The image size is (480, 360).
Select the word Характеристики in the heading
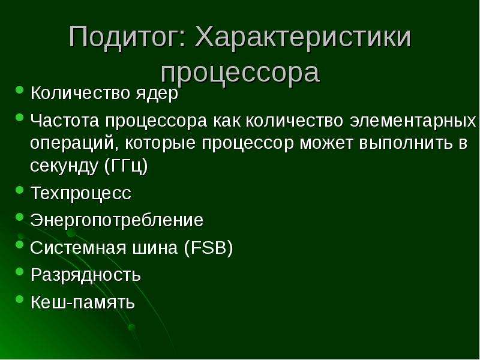[x=303, y=38]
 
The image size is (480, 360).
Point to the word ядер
[x=157, y=94]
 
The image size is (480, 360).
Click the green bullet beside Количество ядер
[x=19, y=89]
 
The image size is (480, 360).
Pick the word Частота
[x=65, y=121]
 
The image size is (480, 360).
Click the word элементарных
[x=413, y=121]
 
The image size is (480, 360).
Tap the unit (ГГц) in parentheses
[x=126, y=166]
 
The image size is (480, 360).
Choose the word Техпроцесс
[x=81, y=193]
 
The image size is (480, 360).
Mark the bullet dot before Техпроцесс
[x=19, y=190]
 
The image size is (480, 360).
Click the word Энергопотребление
[x=116, y=220]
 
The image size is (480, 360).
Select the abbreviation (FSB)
[x=208, y=248]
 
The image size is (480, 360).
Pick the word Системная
[x=78, y=248]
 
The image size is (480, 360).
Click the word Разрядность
[x=86, y=275]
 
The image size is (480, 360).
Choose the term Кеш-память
[x=83, y=302]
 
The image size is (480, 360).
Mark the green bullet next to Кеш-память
[x=19, y=298]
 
